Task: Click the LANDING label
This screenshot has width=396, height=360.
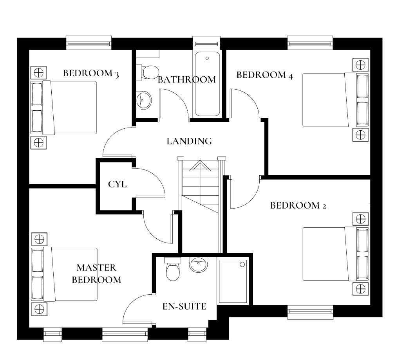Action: [x=189, y=141]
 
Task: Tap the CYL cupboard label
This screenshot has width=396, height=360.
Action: [x=117, y=184]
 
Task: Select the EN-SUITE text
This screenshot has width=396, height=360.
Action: [x=184, y=306]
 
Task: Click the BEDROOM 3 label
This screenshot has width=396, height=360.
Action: [x=91, y=74]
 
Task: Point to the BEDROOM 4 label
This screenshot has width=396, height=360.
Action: [x=264, y=75]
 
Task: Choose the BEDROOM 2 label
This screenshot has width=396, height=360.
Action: [x=298, y=205]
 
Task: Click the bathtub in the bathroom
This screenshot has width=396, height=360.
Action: [x=207, y=84]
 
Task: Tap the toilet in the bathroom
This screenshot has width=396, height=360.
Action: [x=148, y=72]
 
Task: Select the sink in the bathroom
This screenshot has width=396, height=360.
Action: [x=144, y=100]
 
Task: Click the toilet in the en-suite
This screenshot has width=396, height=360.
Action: [x=173, y=269]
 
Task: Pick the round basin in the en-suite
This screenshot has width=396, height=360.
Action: [x=199, y=265]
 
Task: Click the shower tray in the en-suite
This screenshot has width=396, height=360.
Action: [x=233, y=281]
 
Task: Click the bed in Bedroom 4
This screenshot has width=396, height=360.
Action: [x=336, y=100]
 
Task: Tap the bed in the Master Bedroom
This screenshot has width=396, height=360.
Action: [x=64, y=274]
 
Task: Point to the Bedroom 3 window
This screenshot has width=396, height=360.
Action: [x=89, y=42]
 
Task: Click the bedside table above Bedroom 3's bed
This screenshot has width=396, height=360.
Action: [x=39, y=73]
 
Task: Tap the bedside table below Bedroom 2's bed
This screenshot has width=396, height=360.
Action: [x=360, y=289]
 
